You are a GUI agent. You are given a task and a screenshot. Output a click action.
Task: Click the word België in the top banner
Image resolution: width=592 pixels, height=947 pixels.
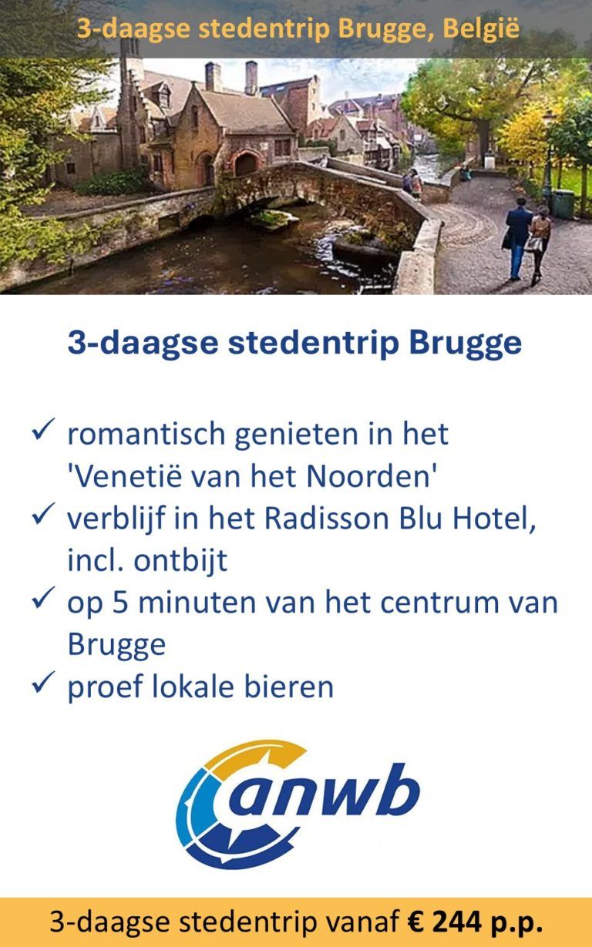[481, 29]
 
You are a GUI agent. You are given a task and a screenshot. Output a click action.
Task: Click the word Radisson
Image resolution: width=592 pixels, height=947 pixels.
[327, 519]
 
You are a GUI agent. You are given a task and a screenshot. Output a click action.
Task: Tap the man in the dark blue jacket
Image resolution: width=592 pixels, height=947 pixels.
[517, 237]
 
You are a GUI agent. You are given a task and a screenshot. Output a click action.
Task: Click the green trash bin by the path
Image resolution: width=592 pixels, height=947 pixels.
[563, 203]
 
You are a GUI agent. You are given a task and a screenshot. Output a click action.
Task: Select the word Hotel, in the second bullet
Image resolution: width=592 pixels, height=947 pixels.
[494, 519]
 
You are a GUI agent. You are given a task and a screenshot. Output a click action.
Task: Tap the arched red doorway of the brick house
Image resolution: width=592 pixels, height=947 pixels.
[246, 163]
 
